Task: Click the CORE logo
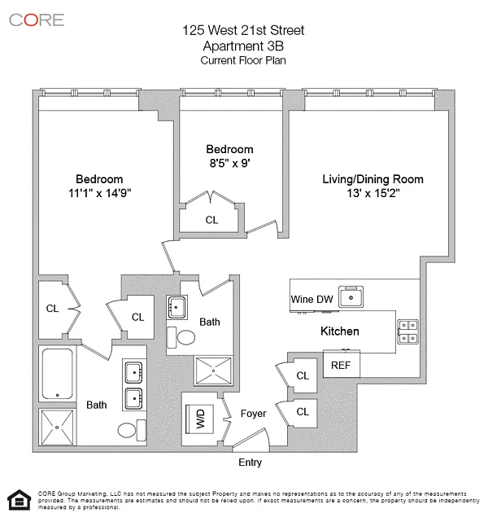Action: click(37, 20)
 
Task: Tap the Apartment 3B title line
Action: click(243, 46)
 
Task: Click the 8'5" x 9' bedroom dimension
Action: click(229, 163)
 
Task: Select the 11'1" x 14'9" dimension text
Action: click(100, 193)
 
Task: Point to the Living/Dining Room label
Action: click(373, 179)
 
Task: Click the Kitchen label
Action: click(340, 331)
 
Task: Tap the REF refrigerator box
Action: click(342, 364)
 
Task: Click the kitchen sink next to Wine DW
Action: click(351, 296)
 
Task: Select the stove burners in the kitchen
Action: click(408, 331)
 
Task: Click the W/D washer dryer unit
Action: click(199, 419)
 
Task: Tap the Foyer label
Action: click(253, 414)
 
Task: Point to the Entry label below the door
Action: click(250, 463)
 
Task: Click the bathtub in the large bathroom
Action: click(58, 374)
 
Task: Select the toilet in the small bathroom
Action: click(181, 337)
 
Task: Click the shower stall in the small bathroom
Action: click(213, 371)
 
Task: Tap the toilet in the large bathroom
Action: click(132, 430)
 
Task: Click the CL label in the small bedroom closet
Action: click(211, 220)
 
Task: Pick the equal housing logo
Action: click(20, 500)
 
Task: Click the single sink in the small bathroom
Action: click(176, 307)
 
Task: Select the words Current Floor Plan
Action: click(243, 60)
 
